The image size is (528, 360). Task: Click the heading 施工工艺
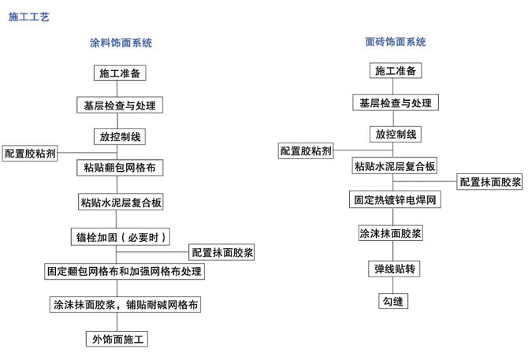click(x=29, y=17)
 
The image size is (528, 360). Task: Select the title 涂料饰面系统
click(x=121, y=43)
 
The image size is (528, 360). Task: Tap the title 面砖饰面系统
click(x=396, y=42)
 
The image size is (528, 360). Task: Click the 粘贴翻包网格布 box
click(x=120, y=168)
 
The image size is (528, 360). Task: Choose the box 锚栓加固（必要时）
click(x=121, y=237)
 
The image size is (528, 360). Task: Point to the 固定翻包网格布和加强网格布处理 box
click(x=125, y=271)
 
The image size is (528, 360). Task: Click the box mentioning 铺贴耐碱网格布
click(x=125, y=305)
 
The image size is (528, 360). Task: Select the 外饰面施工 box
click(x=117, y=340)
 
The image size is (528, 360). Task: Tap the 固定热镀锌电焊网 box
click(x=395, y=199)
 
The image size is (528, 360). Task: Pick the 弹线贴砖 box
click(x=394, y=269)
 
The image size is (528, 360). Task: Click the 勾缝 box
click(x=393, y=301)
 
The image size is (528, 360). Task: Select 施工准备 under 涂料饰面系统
click(x=120, y=73)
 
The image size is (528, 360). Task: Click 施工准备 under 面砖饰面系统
click(x=396, y=71)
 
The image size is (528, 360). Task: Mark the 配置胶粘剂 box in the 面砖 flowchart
click(x=306, y=150)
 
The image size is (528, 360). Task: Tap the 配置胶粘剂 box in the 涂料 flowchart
click(x=30, y=154)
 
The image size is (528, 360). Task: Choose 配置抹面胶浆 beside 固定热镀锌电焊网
click(x=489, y=182)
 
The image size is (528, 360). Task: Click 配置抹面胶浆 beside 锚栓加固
click(x=221, y=252)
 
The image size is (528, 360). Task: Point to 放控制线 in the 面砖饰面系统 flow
click(x=396, y=134)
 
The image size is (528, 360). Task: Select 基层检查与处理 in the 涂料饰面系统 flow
click(x=120, y=105)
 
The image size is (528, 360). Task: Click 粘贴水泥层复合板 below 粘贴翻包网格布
click(x=121, y=202)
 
